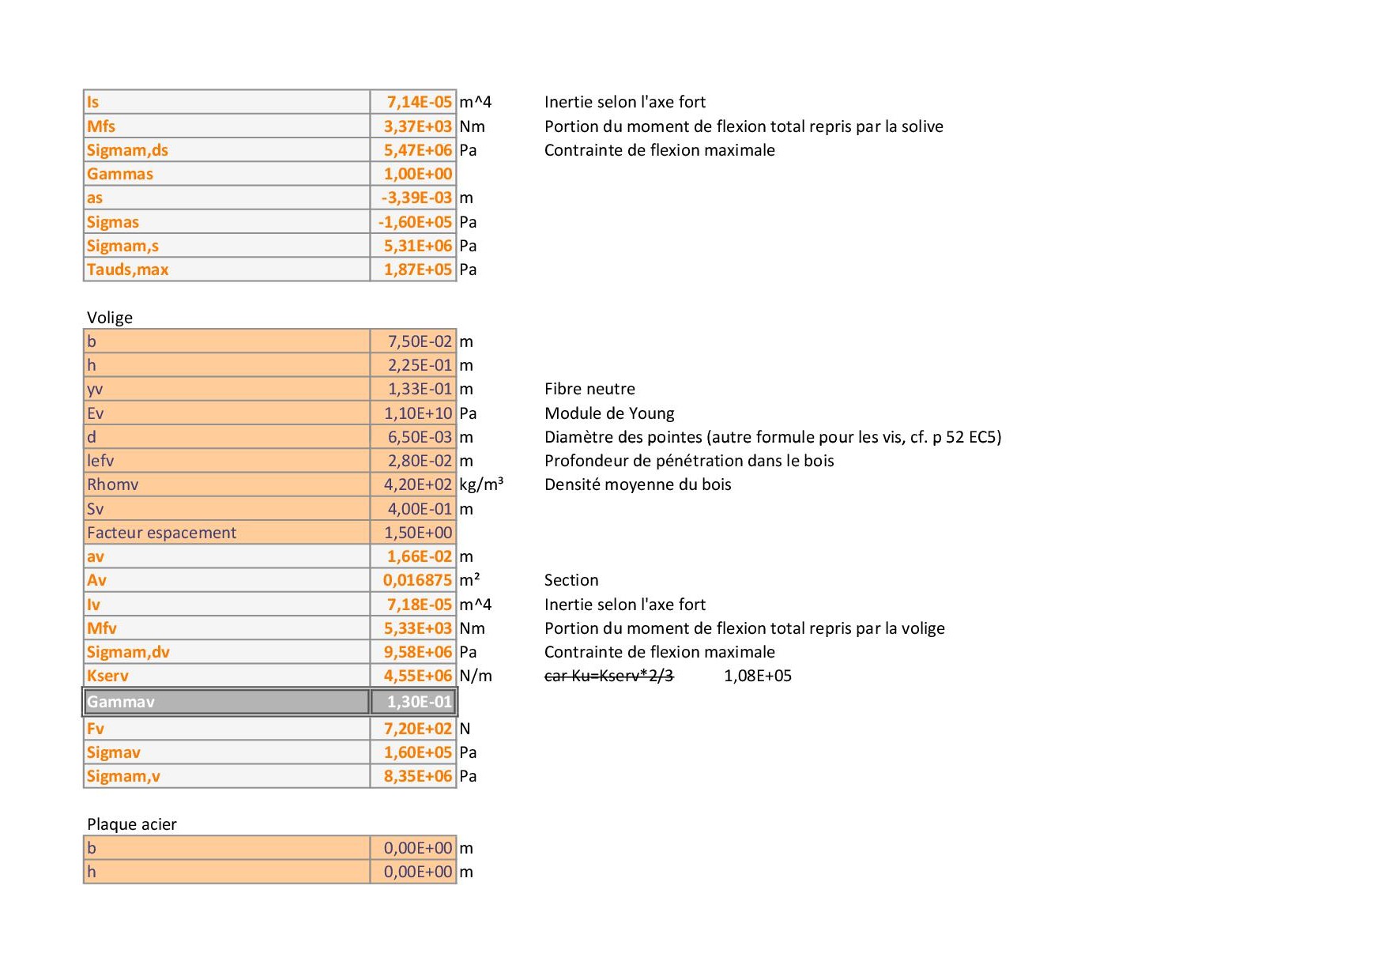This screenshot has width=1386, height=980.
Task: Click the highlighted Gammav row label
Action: [x=121, y=702]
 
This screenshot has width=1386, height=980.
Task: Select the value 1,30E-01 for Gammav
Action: [x=419, y=702]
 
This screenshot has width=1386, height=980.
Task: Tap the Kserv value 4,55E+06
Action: [x=417, y=676]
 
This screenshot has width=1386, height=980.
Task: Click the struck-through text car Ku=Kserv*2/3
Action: [x=608, y=676]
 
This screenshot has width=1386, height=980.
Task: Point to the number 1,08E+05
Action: [x=757, y=676]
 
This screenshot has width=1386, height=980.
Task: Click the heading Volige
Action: [x=110, y=318]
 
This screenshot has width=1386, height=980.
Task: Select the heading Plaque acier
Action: [x=131, y=824]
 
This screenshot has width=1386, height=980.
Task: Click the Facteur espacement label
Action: [x=161, y=533]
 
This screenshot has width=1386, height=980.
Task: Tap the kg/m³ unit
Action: [x=481, y=484]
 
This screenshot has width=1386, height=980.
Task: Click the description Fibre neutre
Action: [x=589, y=389]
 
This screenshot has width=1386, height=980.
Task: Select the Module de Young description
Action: [x=609, y=413]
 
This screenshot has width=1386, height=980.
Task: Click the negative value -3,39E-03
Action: [x=416, y=198]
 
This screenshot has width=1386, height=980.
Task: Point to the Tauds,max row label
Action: [x=127, y=269]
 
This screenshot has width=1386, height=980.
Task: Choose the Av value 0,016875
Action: [x=417, y=580]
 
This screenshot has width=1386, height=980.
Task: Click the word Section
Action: [x=571, y=580]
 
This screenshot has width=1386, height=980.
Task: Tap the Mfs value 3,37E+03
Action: [x=417, y=126]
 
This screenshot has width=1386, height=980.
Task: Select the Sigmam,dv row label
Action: [x=128, y=652]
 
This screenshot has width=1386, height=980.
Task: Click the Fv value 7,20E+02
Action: [x=417, y=729]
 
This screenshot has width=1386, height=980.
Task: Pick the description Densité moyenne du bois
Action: [x=638, y=484]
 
